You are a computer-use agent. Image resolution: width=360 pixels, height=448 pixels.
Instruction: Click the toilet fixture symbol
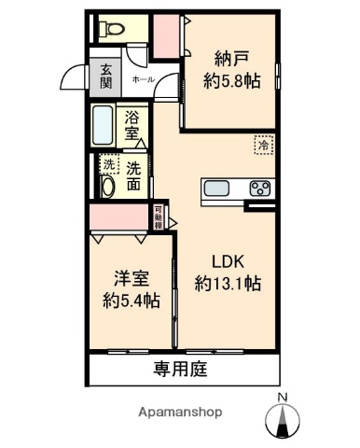click(112, 29)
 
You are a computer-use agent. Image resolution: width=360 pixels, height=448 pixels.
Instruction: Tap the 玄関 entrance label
click(107, 75)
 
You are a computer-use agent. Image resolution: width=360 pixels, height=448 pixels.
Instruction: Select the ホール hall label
click(144, 80)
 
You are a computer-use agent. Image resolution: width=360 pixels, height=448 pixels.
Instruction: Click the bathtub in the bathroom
click(105, 124)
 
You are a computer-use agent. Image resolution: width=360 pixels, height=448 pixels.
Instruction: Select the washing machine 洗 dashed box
click(108, 165)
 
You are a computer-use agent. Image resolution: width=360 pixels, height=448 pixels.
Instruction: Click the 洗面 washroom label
click(135, 175)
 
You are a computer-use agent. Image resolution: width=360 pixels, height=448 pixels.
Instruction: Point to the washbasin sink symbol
click(106, 186)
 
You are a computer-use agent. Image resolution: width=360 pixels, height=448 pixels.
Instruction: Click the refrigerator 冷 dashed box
click(264, 145)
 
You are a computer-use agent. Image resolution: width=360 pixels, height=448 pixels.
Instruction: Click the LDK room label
click(228, 261)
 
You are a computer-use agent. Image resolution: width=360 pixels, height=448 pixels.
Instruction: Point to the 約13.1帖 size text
click(228, 282)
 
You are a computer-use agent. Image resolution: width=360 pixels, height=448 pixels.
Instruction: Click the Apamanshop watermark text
click(180, 412)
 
